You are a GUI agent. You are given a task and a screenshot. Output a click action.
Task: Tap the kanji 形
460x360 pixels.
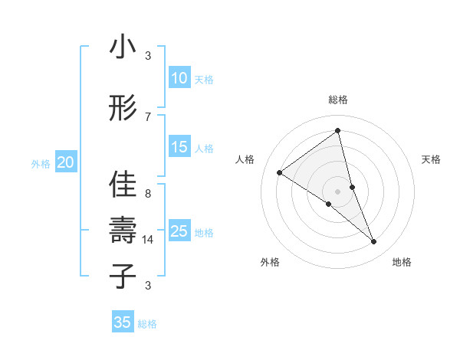[123, 109]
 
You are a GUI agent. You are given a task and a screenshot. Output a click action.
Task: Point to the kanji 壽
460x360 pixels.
[123, 230]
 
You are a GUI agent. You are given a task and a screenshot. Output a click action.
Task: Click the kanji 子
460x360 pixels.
[123, 276]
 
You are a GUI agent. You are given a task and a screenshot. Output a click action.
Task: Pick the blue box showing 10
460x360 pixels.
[179, 78]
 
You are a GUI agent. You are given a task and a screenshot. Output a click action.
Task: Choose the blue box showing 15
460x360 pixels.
[179, 147]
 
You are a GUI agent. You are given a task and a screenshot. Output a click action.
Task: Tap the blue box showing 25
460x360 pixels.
[179, 231]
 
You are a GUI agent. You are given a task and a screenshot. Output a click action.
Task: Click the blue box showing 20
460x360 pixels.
[66, 162]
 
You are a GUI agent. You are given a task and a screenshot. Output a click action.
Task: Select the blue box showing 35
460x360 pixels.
[123, 322]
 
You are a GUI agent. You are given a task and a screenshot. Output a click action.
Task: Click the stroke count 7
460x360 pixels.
[148, 116]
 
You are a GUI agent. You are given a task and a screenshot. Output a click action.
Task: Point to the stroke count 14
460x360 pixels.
[148, 240]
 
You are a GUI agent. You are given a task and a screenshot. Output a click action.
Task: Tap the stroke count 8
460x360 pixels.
[148, 194]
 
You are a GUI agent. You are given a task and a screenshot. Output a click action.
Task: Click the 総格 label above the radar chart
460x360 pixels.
[338, 100]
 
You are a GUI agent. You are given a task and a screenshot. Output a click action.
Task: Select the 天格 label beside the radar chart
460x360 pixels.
[431, 159]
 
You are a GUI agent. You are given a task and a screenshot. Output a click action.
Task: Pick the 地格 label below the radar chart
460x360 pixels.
[402, 262]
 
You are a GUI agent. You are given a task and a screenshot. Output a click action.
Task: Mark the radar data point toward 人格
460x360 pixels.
[280, 172]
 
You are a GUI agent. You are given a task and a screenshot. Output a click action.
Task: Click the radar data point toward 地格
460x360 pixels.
[374, 242]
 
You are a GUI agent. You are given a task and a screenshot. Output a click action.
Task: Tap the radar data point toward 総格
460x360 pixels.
[338, 130]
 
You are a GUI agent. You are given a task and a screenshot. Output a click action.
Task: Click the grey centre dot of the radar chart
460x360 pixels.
[338, 191]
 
